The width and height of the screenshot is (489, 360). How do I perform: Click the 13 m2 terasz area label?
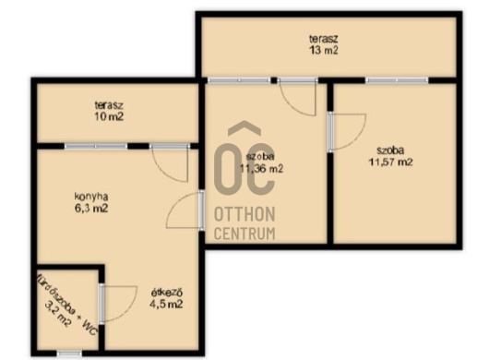click(324, 50)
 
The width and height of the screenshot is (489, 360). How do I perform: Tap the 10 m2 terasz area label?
click(109, 116)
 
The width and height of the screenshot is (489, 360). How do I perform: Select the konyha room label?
click(91, 197)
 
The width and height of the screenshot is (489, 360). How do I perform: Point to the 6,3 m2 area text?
click(91, 208)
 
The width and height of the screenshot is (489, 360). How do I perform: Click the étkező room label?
click(166, 293)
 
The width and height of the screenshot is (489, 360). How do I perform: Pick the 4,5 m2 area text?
click(166, 305)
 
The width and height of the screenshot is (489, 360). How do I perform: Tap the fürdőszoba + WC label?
click(66, 305)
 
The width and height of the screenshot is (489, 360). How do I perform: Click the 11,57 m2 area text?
click(391, 162)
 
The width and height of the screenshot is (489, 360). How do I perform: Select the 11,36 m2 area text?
click(261, 169)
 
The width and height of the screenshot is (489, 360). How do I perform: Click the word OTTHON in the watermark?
click(244, 214)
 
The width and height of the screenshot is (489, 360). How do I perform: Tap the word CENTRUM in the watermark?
click(244, 234)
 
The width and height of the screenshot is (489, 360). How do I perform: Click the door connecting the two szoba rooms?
click(347, 132)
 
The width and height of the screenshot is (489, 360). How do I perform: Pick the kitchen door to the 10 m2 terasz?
click(171, 162)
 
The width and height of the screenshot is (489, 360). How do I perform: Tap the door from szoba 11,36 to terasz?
click(298, 97)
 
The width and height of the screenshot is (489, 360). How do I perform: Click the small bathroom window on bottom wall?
click(69, 354)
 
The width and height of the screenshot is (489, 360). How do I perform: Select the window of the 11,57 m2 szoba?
click(397, 80)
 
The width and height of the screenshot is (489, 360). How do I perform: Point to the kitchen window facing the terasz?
click(96, 146)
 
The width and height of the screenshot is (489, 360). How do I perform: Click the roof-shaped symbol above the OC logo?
click(244, 128)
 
